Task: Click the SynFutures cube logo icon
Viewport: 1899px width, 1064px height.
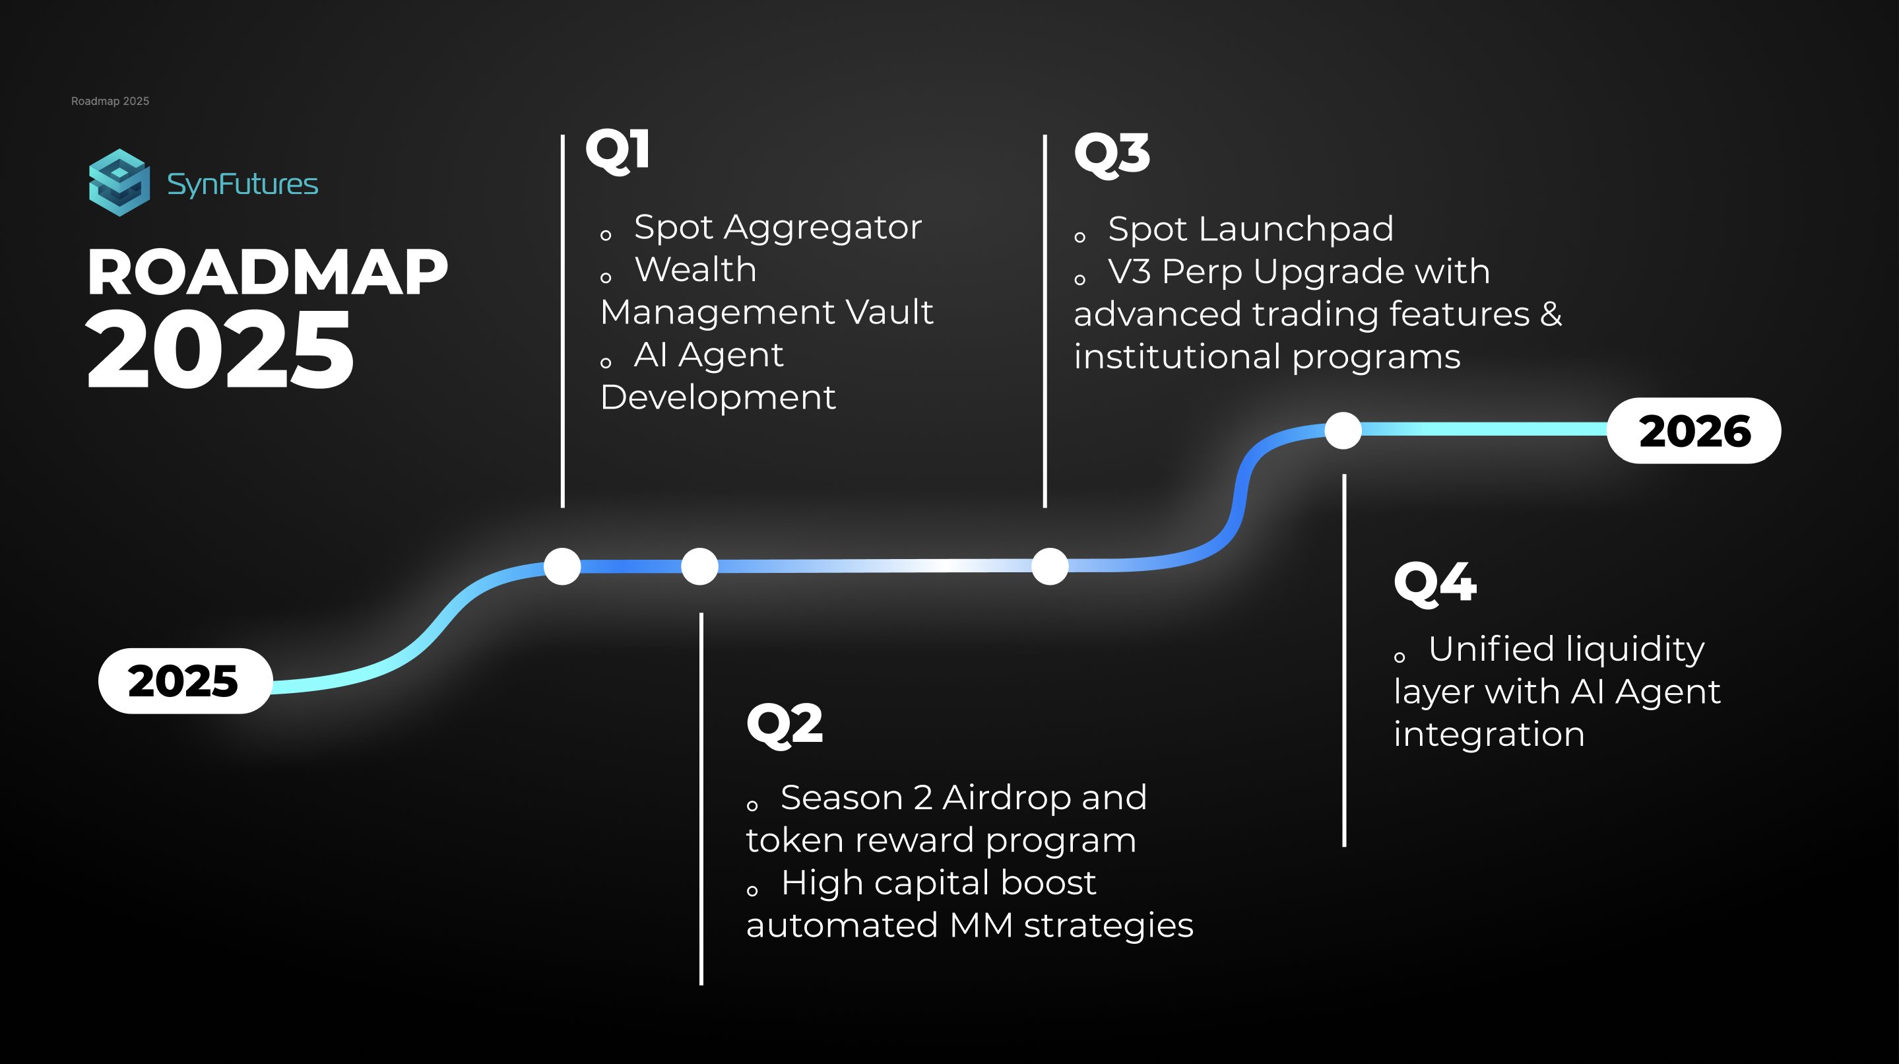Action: click(x=119, y=183)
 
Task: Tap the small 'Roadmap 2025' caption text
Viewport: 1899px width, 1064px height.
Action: click(x=110, y=101)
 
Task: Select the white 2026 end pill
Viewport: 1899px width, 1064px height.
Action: click(x=1694, y=430)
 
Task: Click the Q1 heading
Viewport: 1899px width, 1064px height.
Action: click(x=618, y=150)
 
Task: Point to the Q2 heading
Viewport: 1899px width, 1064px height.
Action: click(x=785, y=725)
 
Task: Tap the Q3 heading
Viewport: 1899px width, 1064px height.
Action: click(x=1112, y=154)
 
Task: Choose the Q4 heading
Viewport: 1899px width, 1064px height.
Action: click(x=1435, y=583)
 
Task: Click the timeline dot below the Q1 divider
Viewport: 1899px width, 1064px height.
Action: click(x=562, y=566)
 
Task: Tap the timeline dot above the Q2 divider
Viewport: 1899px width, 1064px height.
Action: click(x=699, y=566)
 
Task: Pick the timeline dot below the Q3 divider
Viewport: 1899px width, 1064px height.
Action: click(x=1050, y=566)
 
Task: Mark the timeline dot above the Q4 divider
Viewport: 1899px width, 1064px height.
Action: click(x=1343, y=430)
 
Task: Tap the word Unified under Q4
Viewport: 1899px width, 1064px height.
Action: click(x=1492, y=649)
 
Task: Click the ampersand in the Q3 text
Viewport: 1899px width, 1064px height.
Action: click(x=1551, y=314)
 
